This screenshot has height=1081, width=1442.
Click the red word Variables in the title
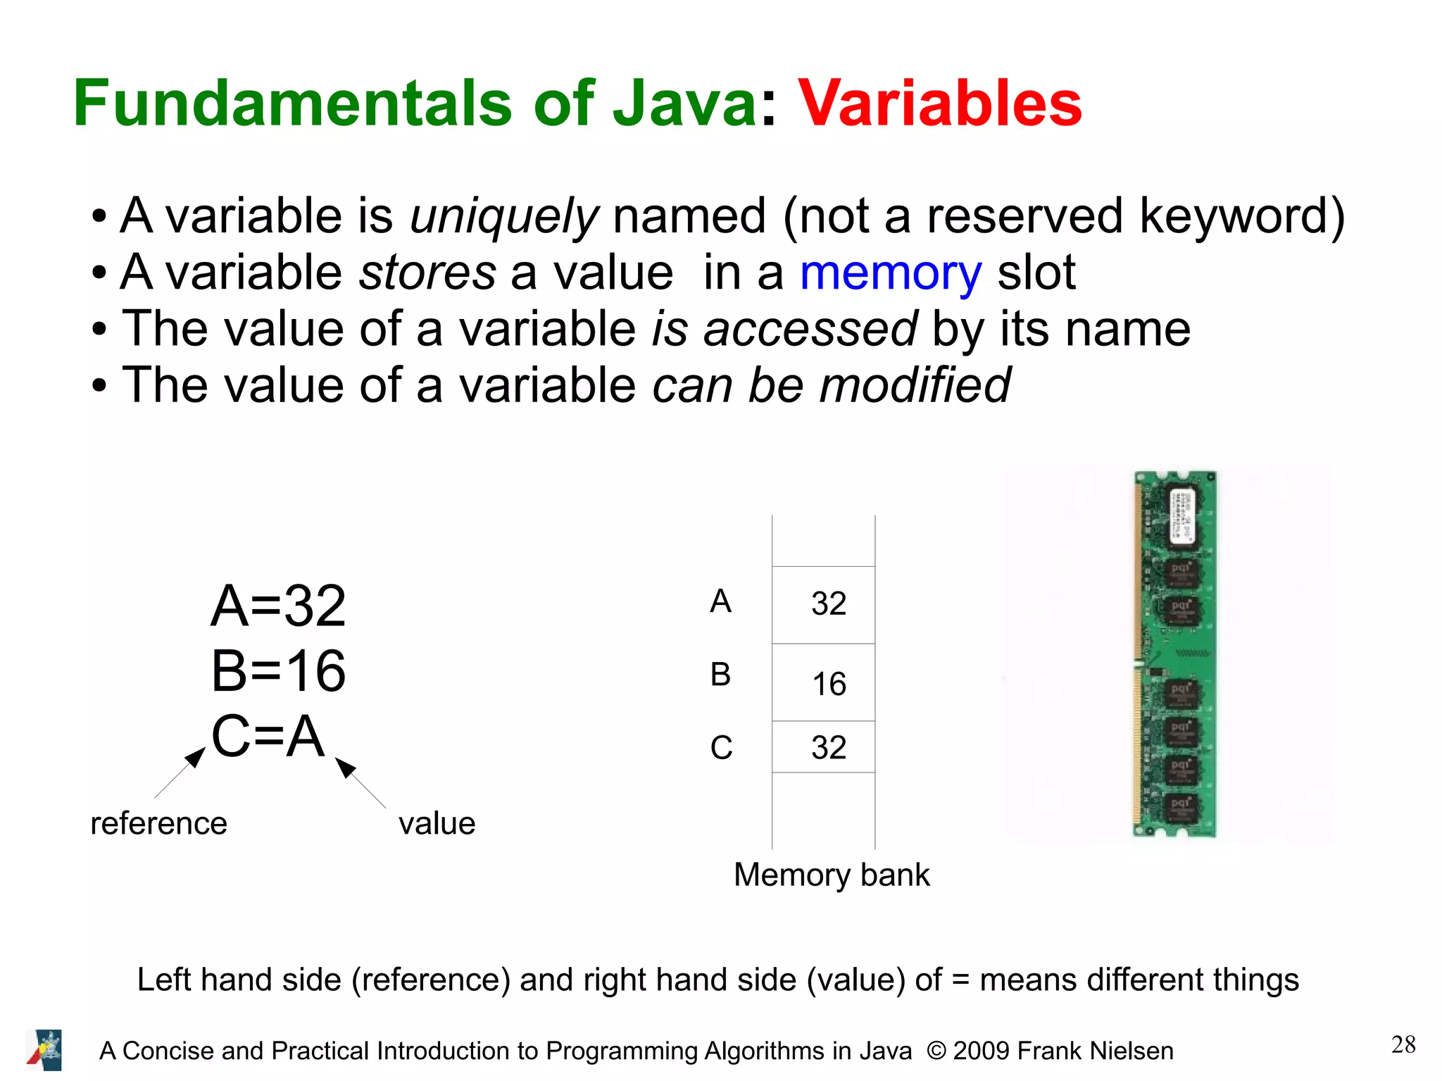click(x=939, y=104)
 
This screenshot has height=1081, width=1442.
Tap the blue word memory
click(x=890, y=273)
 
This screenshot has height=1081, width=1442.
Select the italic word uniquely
click(x=503, y=216)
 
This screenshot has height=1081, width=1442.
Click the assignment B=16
click(x=278, y=670)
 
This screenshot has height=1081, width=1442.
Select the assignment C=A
click(x=268, y=736)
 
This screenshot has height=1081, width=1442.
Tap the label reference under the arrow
click(x=159, y=823)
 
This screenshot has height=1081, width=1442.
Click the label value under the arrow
click(x=437, y=823)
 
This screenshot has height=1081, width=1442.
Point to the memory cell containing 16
click(x=824, y=682)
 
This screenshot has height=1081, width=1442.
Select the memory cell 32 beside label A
click(x=824, y=604)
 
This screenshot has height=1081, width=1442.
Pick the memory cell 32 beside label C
click(x=824, y=747)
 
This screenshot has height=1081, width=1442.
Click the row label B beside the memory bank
click(x=720, y=675)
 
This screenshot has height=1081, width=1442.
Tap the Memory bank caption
click(x=832, y=875)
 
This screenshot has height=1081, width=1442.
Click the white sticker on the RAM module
click(x=1183, y=515)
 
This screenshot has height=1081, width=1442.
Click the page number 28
click(x=1403, y=1044)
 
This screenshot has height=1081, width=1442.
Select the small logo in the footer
click(x=44, y=1049)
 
